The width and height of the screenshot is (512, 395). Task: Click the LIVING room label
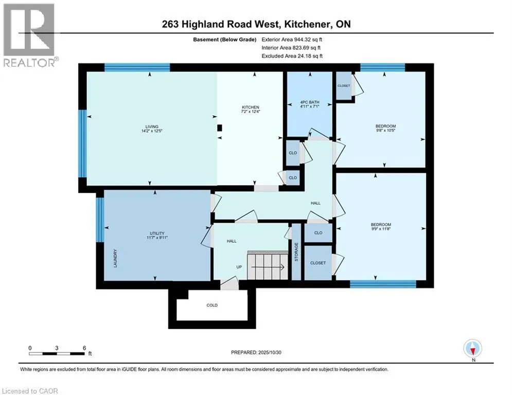point(151,127)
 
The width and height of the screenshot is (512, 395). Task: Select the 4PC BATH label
point(309,102)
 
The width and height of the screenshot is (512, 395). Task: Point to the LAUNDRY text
point(116,259)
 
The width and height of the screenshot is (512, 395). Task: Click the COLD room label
point(212,305)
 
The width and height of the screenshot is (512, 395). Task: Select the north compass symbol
point(472,349)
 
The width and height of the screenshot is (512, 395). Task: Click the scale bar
point(57,353)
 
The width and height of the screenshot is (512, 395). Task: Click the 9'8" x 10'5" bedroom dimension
point(385,130)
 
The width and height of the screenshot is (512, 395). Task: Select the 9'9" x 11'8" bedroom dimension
point(381,229)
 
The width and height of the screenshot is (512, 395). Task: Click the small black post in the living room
point(220,128)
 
